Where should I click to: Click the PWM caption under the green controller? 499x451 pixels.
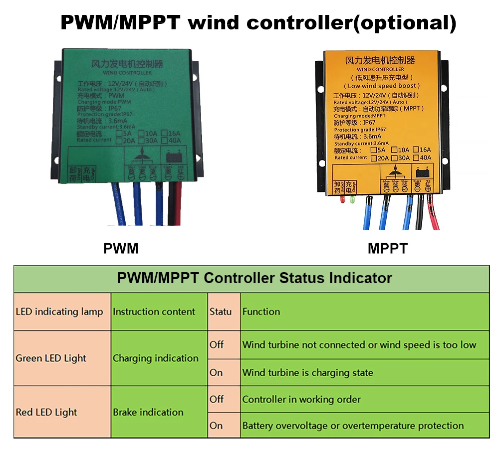(x=121, y=248)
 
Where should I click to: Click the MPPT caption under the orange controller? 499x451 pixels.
(x=388, y=248)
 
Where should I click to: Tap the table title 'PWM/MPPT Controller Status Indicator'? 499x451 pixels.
(x=254, y=278)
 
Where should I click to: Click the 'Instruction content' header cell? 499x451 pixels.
(x=154, y=312)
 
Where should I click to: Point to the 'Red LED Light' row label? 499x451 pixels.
(x=46, y=413)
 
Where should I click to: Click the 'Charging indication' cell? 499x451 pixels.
(x=155, y=358)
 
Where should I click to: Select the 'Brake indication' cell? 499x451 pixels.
(x=148, y=413)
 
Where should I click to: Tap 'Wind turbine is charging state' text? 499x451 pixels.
(x=307, y=373)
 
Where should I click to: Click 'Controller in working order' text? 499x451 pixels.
(x=301, y=400)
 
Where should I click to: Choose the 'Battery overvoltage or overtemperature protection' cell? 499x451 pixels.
(x=353, y=426)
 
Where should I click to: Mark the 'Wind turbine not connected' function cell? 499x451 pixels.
(x=359, y=345)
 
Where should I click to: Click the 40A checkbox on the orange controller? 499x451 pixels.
(x=416, y=158)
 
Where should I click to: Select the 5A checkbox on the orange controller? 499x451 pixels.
(x=374, y=150)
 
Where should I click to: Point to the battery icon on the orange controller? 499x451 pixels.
(x=421, y=172)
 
